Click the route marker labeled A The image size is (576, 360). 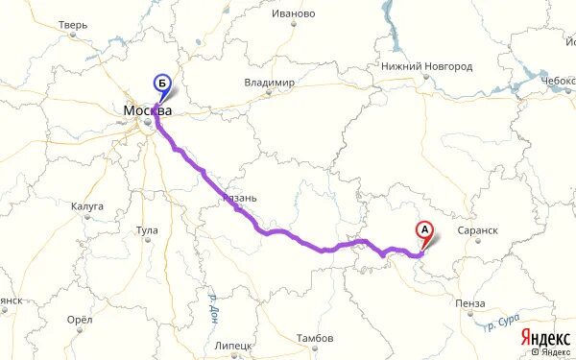pos(422,230)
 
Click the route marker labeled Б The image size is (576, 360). pos(163,84)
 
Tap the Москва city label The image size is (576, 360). pos(148,111)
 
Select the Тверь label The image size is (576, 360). pos(73,25)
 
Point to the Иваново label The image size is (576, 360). pos(294,13)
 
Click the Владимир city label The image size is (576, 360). pos(269,83)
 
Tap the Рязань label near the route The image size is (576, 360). pos(240,197)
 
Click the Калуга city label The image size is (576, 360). pos(86,206)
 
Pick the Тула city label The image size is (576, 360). pos(147,231)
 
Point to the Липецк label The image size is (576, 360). pos(233,344)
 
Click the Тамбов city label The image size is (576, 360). pos(315,339)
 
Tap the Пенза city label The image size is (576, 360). pos(471,303)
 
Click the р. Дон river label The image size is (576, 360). pos(213,311)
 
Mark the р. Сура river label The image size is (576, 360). pos(502,325)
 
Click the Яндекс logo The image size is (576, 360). pos(543,338)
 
